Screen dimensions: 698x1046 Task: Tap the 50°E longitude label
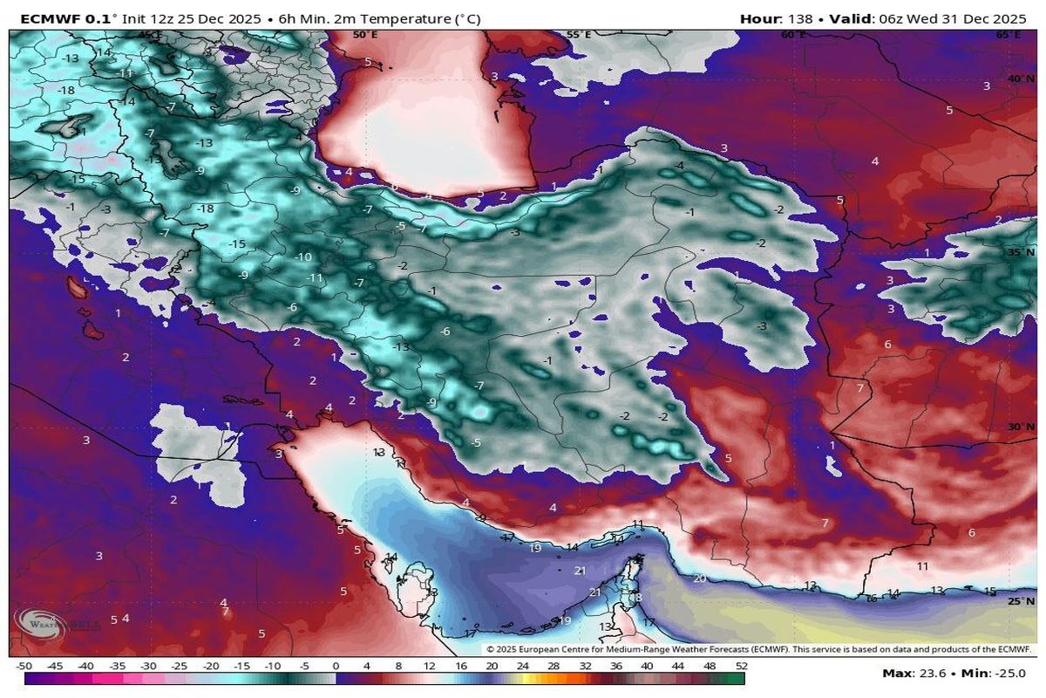click(x=365, y=35)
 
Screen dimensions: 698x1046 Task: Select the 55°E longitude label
click(x=580, y=35)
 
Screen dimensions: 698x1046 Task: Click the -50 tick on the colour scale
click(x=24, y=666)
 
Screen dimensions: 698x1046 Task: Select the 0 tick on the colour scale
click(x=336, y=666)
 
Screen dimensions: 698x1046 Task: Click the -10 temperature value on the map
click(x=303, y=257)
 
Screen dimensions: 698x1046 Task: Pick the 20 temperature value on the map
click(x=699, y=578)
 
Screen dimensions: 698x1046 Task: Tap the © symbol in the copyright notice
click(x=491, y=649)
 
